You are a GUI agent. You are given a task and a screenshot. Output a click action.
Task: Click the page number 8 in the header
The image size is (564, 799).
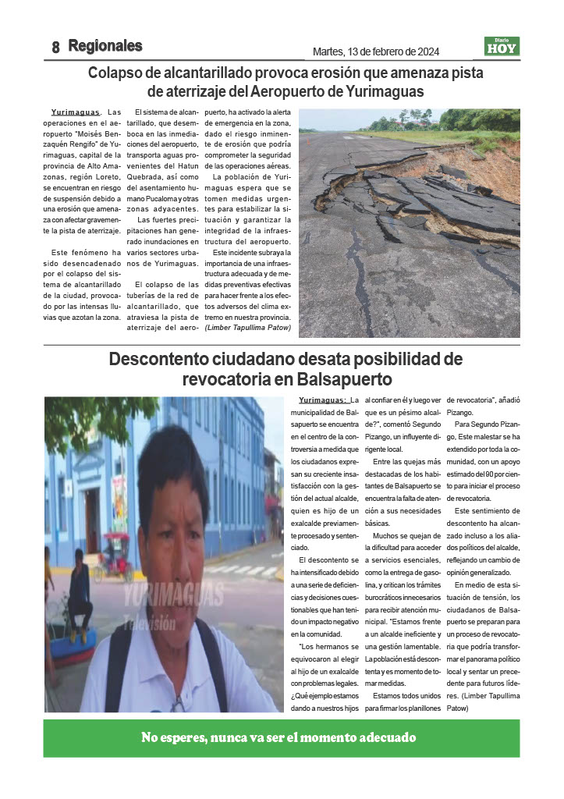55,47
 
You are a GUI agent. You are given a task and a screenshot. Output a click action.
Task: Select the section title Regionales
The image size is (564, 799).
105,46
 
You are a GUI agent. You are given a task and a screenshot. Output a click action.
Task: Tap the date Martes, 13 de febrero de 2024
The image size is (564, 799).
375,51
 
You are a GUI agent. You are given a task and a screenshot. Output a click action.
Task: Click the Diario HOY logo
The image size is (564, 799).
502,46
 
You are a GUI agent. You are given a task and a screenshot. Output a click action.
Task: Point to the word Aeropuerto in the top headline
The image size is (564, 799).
326,91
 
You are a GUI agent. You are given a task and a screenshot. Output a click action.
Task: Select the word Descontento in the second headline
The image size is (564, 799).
159,360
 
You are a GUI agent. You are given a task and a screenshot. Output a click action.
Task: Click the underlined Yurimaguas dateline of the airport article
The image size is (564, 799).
75,112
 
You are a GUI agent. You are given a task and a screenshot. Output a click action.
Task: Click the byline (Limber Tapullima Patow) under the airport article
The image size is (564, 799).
248,328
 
